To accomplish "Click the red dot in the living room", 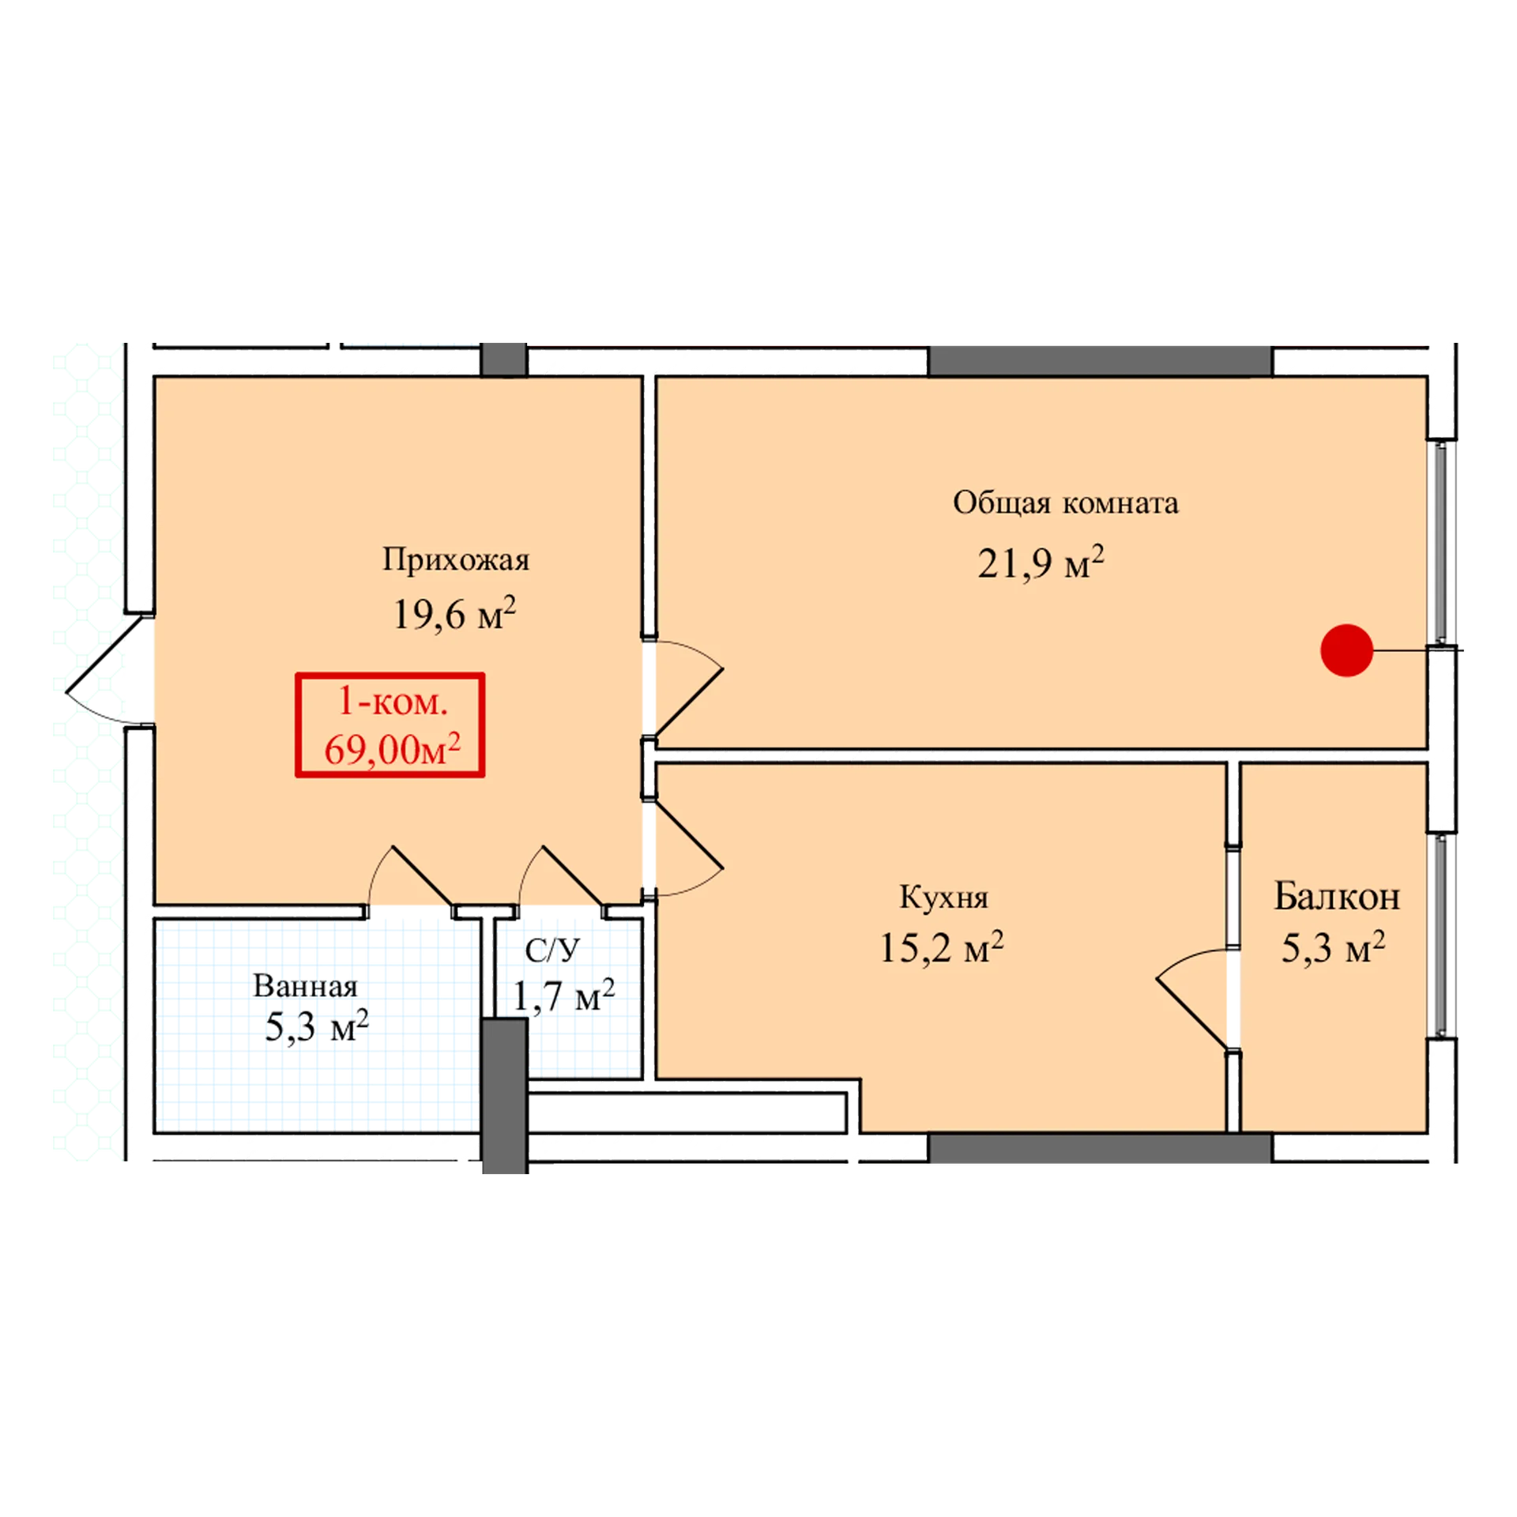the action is coord(1346,650).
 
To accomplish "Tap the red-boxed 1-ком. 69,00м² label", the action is coord(390,725).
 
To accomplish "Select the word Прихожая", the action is coord(456,560).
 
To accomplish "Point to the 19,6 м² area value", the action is coord(454,613).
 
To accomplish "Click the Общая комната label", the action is coord(1066,503).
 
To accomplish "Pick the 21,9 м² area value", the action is coord(1041,563).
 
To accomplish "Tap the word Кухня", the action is coord(943,898).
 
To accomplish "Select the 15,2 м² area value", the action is coord(941,947).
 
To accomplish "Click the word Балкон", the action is coord(1337,897).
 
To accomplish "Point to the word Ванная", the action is coord(305,986).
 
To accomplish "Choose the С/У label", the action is coord(552,950).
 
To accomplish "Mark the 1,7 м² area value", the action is coord(563,996).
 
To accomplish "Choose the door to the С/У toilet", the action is coord(560,876).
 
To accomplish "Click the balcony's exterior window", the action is coord(1441,936).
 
